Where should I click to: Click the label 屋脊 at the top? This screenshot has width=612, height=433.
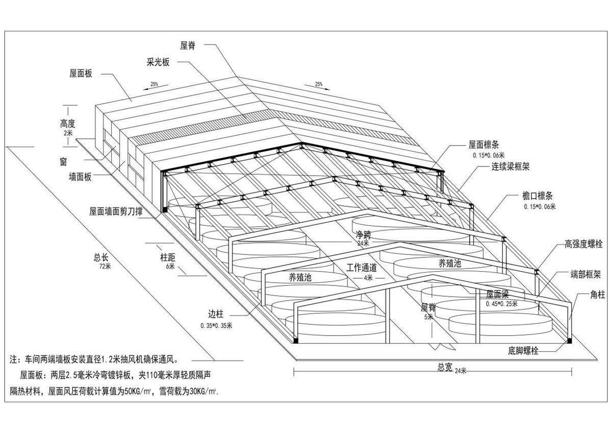188,45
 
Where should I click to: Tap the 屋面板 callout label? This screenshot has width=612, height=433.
81,74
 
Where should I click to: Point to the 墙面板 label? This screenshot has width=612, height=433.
81,177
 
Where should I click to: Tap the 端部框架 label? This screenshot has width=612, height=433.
585,274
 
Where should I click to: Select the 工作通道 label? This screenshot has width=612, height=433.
362,268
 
